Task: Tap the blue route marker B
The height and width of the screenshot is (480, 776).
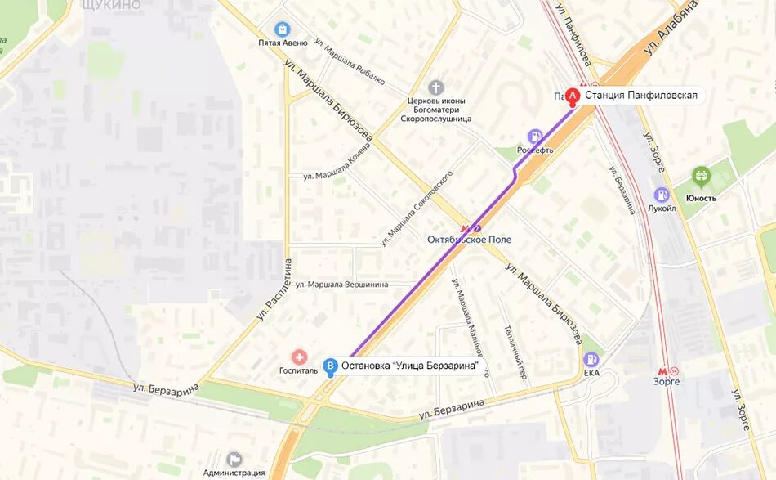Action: point(330,366)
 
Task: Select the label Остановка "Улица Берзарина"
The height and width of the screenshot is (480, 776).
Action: point(409,366)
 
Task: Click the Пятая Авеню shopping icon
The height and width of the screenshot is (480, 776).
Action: point(283,29)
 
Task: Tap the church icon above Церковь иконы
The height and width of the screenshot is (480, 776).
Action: point(435,87)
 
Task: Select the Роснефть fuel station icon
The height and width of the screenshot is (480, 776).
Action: point(535,137)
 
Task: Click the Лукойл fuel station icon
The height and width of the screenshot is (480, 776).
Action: point(662,195)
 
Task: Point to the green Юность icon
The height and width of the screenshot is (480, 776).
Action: point(701,177)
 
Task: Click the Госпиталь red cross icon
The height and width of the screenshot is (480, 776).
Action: point(299,357)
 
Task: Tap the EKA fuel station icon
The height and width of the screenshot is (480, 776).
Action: point(591,359)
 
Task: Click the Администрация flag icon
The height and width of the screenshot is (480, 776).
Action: point(234,459)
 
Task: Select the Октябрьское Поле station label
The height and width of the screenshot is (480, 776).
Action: point(469,239)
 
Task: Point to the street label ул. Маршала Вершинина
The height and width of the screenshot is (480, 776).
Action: point(341,285)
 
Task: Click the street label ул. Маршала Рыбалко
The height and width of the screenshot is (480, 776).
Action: point(349,63)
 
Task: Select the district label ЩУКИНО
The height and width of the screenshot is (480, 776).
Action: point(111,5)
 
